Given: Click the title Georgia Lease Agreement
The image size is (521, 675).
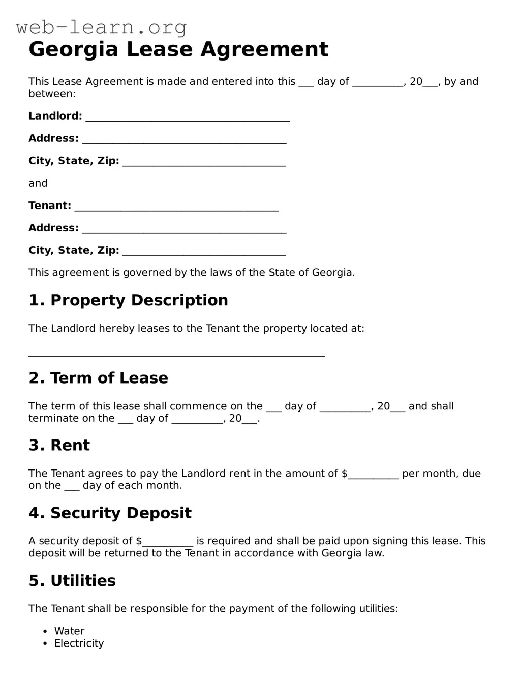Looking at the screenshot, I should [178, 49].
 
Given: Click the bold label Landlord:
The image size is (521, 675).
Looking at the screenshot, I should [55, 116].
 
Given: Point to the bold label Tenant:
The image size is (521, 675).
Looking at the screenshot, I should [50, 206].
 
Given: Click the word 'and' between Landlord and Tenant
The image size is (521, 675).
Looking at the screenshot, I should [38, 183].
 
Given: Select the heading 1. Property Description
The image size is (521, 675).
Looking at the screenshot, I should [128, 300].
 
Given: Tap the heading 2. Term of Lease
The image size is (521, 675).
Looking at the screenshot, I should [98, 378].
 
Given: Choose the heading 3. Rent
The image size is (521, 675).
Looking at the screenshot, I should [59, 445].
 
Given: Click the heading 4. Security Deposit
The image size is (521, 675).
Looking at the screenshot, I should [110, 513].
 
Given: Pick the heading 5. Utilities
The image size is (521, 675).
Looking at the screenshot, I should [72, 580].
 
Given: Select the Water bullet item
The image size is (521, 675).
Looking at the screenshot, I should [69, 631].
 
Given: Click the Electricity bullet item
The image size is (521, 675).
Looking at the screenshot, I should [79, 643].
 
